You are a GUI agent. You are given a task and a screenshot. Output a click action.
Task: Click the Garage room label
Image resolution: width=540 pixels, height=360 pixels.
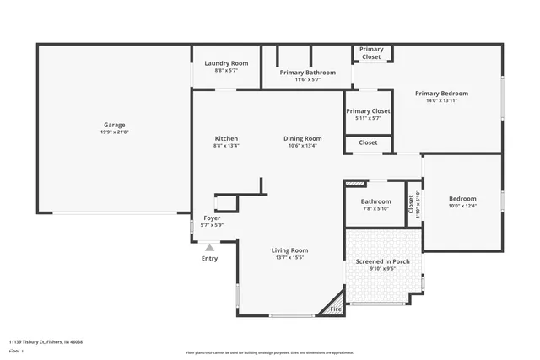pyautogui.click(x=115, y=124)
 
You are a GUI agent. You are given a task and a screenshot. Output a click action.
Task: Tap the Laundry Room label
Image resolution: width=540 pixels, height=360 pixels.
pyautogui.click(x=225, y=63)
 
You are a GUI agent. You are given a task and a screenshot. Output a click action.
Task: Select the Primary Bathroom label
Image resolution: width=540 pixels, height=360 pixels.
pyautogui.click(x=307, y=73)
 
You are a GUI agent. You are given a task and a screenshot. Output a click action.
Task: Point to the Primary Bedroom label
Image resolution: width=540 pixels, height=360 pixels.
pyautogui.click(x=441, y=93)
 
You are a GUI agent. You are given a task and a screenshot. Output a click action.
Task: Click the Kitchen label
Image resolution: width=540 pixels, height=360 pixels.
pyautogui.click(x=225, y=138)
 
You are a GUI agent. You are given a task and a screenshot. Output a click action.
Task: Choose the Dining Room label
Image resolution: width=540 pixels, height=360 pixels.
pyautogui.click(x=302, y=138)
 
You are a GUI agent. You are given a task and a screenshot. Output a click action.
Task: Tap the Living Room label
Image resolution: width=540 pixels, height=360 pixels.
pyautogui.click(x=289, y=250)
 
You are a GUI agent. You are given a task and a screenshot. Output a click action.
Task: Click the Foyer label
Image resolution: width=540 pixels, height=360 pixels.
pyautogui.click(x=213, y=218)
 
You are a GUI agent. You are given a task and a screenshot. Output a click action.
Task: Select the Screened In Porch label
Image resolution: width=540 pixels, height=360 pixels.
pyautogui.click(x=382, y=261)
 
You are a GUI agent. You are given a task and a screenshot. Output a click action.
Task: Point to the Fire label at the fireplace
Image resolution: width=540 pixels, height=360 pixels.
pyautogui.click(x=335, y=309)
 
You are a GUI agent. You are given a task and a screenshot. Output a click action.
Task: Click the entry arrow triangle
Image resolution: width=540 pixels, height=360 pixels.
pyautogui.click(x=209, y=247)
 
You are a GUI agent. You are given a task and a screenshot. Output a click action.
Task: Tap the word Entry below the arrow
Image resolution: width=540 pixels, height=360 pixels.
pyautogui.click(x=209, y=258)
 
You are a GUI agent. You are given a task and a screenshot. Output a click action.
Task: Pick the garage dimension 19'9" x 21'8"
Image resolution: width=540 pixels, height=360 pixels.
pyautogui.click(x=115, y=132)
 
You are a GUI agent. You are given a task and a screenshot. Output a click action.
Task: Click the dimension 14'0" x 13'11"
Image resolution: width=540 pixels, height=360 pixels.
pyautogui.click(x=441, y=100)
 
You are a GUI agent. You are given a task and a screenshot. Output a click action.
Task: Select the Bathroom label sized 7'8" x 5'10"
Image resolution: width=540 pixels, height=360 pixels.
pyautogui.click(x=375, y=201)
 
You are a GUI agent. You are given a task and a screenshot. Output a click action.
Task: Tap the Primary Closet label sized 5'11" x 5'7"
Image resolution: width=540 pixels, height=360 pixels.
pyautogui.click(x=369, y=111)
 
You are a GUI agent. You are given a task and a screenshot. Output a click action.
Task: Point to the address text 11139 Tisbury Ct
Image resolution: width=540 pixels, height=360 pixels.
pyautogui.click(x=46, y=341)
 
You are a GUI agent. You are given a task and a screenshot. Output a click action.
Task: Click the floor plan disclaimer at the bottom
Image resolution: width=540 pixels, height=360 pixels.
pyautogui.click(x=282, y=352)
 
